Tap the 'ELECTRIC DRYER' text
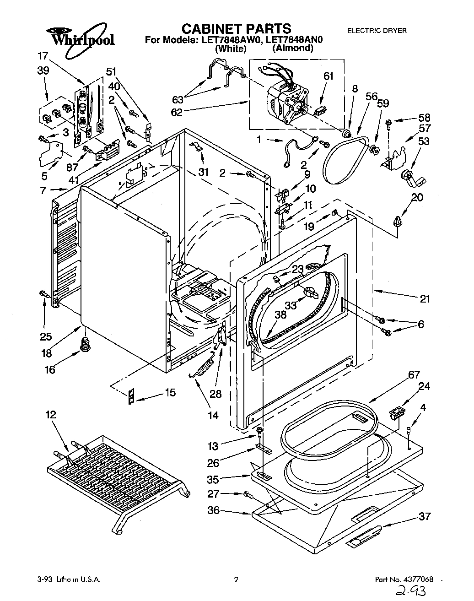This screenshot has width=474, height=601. [x=377, y=31]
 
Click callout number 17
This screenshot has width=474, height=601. [x=43, y=56]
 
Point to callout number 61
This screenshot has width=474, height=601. [x=329, y=76]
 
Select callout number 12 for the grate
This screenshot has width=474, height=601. [x=51, y=415]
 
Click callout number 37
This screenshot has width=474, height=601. [x=425, y=516]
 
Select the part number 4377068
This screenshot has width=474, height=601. [x=416, y=579]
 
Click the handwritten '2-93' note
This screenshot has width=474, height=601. [x=411, y=591]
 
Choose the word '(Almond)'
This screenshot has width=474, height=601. [x=293, y=48]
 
